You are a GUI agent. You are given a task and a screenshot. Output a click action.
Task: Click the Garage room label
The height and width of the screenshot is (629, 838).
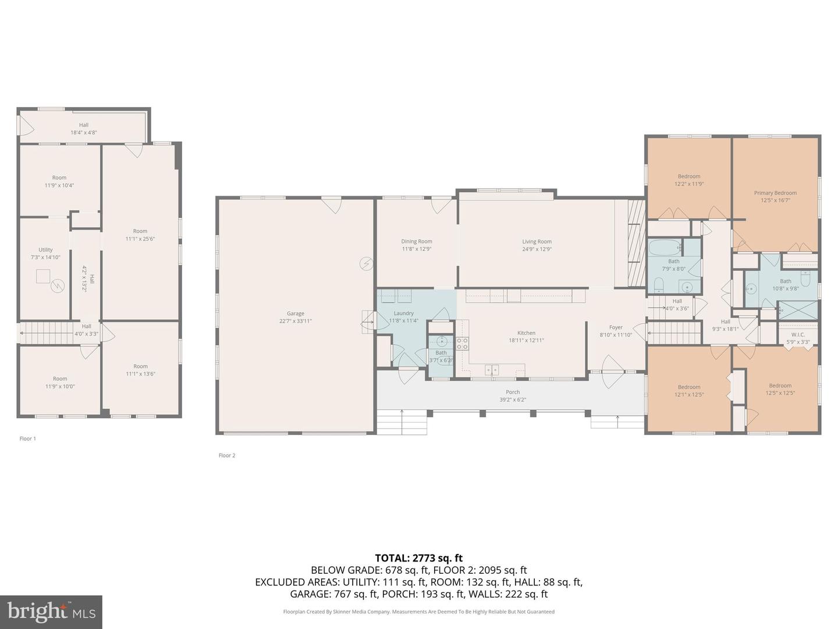point(295,313)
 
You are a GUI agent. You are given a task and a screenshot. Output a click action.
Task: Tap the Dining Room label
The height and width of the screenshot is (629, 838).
point(417,241)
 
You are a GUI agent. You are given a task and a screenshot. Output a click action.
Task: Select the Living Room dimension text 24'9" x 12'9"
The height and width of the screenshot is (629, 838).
point(537,249)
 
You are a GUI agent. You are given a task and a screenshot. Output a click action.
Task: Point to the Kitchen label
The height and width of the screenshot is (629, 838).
point(526,333)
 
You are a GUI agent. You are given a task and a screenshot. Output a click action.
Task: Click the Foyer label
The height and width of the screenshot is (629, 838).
point(616,327)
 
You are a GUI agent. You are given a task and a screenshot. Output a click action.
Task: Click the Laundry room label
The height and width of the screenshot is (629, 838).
point(404,313)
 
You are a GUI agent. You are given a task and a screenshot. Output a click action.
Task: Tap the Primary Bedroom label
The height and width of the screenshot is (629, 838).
point(775,193)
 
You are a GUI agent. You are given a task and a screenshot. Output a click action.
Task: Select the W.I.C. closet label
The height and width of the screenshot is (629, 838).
point(797,335)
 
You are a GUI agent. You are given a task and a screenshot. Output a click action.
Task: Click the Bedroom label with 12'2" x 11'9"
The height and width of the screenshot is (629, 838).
point(689,176)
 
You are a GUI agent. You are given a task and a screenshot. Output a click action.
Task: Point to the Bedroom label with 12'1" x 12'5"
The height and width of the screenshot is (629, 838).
point(689,387)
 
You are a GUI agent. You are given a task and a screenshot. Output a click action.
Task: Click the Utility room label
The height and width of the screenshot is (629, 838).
point(45,250)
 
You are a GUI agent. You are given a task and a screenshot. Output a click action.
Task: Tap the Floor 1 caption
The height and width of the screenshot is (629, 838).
point(28,439)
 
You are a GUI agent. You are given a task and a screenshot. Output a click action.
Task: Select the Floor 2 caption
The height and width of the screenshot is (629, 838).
point(227,455)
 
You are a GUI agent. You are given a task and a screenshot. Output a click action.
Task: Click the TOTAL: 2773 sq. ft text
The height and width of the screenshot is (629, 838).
point(418,558)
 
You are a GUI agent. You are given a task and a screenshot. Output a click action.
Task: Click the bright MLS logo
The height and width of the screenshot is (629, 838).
point(51,612)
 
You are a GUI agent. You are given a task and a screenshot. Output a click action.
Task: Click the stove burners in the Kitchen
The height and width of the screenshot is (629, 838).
point(462,344)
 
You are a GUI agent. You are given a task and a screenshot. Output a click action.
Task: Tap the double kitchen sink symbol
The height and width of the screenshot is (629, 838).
point(492,369)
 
